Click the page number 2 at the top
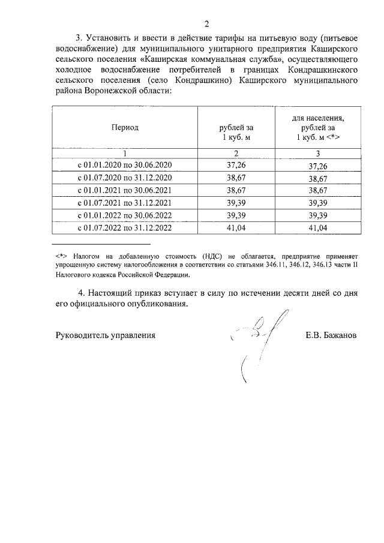(x=206, y=25)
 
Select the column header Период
(x=124, y=127)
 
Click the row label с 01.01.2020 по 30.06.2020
(x=125, y=166)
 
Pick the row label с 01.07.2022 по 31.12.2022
(x=125, y=228)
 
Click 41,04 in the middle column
(x=236, y=228)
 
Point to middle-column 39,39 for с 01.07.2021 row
(x=236, y=203)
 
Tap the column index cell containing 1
(x=125, y=154)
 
